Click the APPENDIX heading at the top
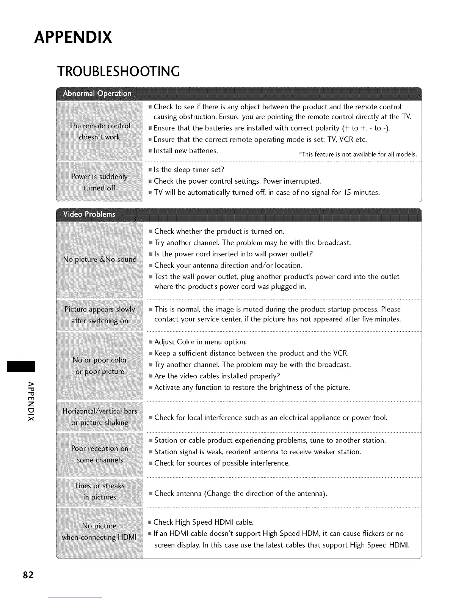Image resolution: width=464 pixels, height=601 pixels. (x=73, y=38)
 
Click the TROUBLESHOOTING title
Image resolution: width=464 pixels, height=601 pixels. (x=118, y=71)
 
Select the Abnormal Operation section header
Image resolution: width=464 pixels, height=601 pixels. (x=97, y=93)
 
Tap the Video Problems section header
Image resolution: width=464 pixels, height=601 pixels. (x=89, y=214)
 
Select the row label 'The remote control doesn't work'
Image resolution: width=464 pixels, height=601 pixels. (x=99, y=131)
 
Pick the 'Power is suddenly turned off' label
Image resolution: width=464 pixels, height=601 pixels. (x=99, y=182)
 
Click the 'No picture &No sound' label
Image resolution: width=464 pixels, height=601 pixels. (x=100, y=260)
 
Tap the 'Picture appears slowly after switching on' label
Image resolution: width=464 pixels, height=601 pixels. (x=100, y=315)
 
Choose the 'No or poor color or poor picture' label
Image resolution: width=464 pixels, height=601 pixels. (x=100, y=366)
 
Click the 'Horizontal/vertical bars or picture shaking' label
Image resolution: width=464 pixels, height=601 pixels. (x=100, y=417)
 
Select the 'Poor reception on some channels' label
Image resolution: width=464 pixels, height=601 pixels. (x=100, y=454)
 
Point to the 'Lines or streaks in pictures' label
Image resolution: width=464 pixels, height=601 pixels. (x=100, y=491)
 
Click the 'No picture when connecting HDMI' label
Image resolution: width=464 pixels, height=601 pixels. (x=99, y=532)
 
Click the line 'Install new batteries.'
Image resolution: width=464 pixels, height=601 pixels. (x=185, y=151)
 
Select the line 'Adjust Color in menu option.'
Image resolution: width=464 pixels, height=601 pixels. (x=200, y=342)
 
